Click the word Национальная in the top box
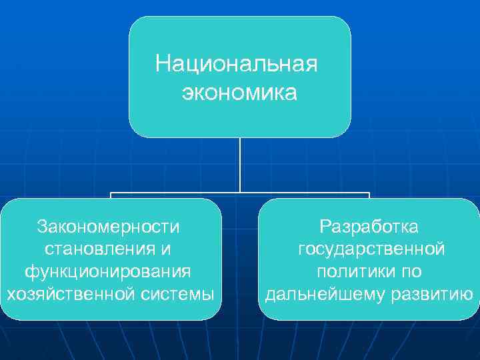(237, 65)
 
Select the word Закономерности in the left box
(109, 227)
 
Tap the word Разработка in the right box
(369, 227)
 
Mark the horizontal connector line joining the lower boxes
(173, 194)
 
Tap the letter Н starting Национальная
(162, 65)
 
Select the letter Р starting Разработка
(325, 227)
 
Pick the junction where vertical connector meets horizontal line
(240, 194)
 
